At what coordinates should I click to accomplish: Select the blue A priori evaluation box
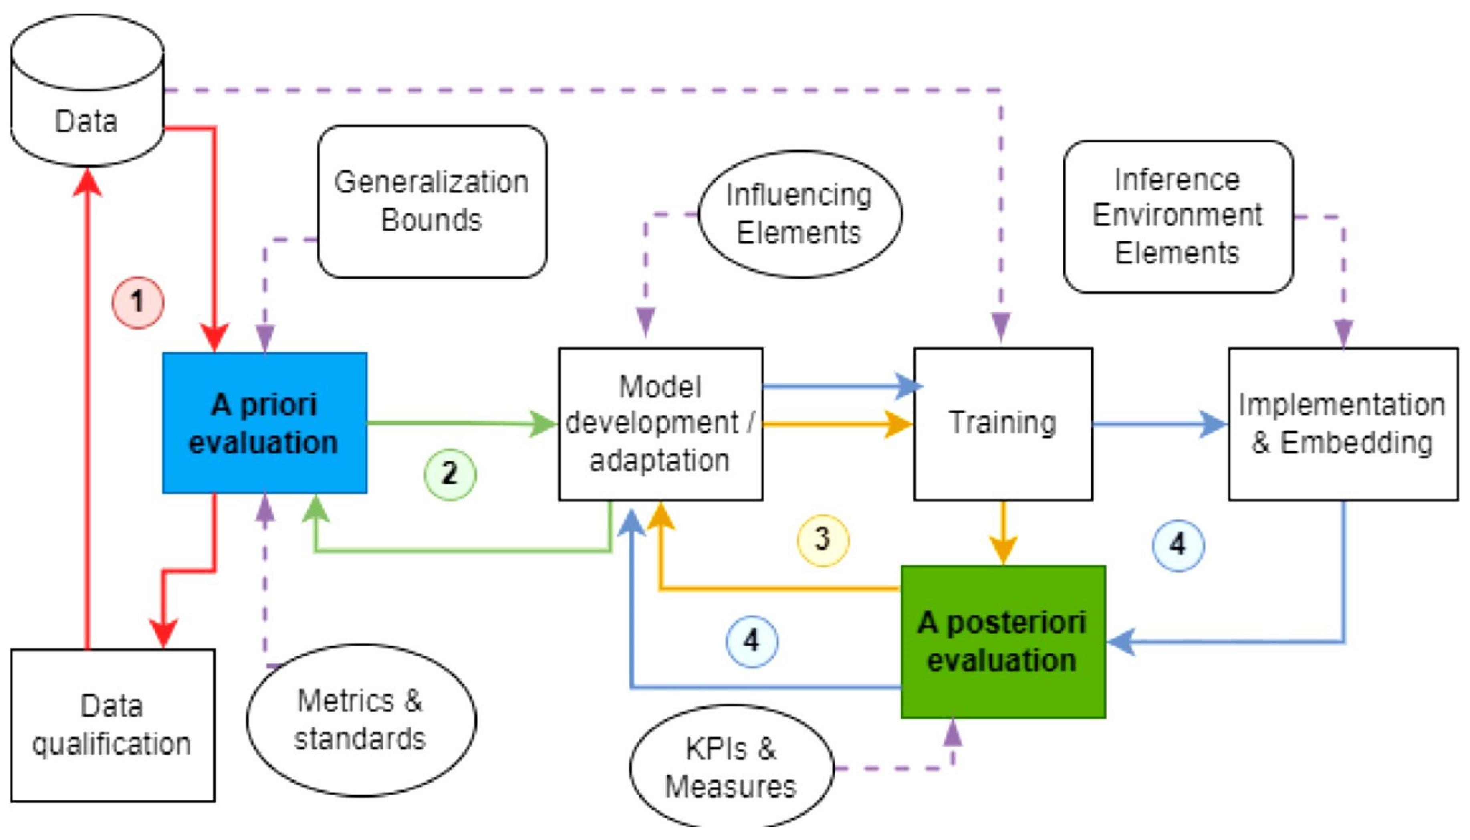click(x=264, y=423)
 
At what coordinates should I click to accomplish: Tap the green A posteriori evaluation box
click(x=1002, y=642)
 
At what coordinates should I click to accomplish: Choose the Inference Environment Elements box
click(x=1177, y=217)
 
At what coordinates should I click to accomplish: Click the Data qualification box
click(x=113, y=725)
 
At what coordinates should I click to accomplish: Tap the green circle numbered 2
click(x=450, y=474)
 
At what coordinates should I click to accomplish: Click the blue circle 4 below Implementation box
click(x=1177, y=545)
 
